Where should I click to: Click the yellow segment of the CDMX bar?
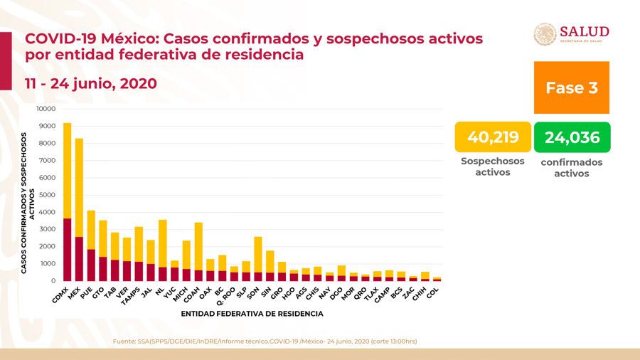(67, 171)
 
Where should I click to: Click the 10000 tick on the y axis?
(45, 109)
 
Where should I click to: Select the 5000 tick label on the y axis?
(46, 195)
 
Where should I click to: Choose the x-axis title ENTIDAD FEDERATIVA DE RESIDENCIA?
(252, 313)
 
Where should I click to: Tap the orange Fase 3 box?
(571, 88)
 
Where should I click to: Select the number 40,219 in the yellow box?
(493, 137)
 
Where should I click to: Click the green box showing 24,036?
(572, 137)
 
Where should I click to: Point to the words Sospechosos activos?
(493, 166)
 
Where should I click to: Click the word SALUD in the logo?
(585, 31)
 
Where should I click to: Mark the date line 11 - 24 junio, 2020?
(91, 83)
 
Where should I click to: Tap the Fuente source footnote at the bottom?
(265, 342)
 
